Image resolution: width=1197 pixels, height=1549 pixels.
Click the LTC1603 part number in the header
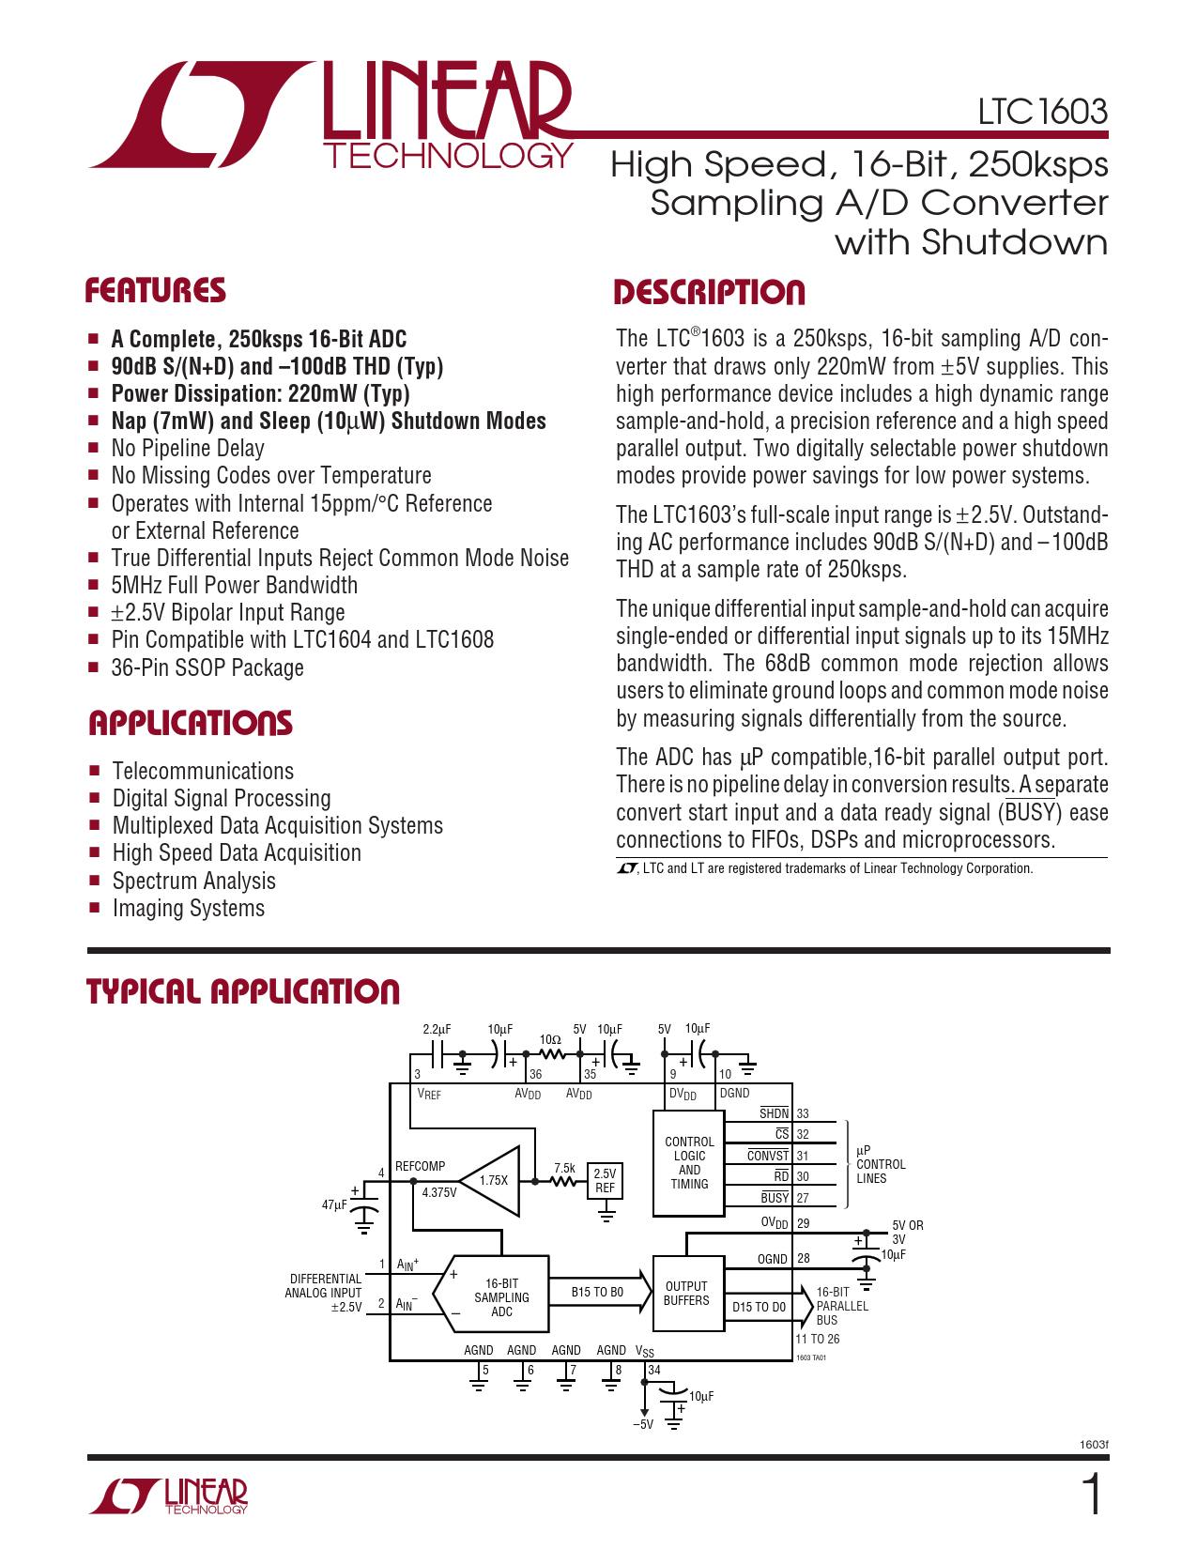tap(1042, 112)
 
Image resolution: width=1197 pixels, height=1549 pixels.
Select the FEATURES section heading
tap(156, 291)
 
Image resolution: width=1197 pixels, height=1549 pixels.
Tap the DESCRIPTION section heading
tap(709, 293)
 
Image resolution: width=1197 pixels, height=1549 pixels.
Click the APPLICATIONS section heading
tap(191, 723)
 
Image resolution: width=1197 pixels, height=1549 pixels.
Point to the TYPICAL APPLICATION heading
tap(243, 991)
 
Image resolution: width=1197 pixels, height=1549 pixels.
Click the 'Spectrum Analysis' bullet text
tap(193, 881)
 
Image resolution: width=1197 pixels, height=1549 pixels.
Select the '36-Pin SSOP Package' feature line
tap(207, 667)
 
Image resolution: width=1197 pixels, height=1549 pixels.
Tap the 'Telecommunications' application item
tap(203, 771)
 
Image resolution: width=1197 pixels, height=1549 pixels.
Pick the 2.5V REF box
tap(606, 1180)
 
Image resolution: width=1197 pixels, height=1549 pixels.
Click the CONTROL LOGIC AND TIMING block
tap(689, 1163)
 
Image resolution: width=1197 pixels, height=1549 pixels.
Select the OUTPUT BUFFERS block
tap(686, 1294)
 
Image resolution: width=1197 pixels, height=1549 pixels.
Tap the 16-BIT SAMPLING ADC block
tap(501, 1297)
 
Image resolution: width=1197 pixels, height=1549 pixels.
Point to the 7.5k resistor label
tap(564, 1168)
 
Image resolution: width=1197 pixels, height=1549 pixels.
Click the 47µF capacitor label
tap(334, 1204)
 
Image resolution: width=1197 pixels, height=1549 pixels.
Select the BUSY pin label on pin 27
tap(775, 1198)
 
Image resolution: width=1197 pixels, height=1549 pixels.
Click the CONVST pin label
tap(768, 1156)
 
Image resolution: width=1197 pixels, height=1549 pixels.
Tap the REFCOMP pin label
tap(420, 1166)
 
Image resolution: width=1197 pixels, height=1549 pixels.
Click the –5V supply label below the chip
tap(643, 1424)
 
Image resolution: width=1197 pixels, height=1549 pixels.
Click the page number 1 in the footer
tap(1092, 1495)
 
